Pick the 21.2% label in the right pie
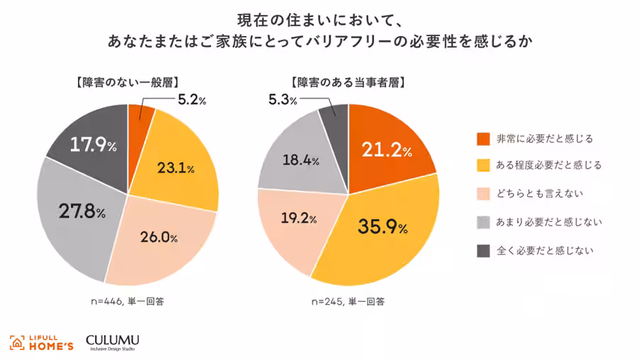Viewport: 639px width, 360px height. [x=386, y=150]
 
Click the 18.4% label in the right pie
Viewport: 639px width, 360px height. [x=301, y=161]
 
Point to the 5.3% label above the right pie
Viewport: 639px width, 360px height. [x=283, y=101]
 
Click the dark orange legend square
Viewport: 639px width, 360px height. [x=484, y=137]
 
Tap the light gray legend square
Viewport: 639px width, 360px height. [x=484, y=222]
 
